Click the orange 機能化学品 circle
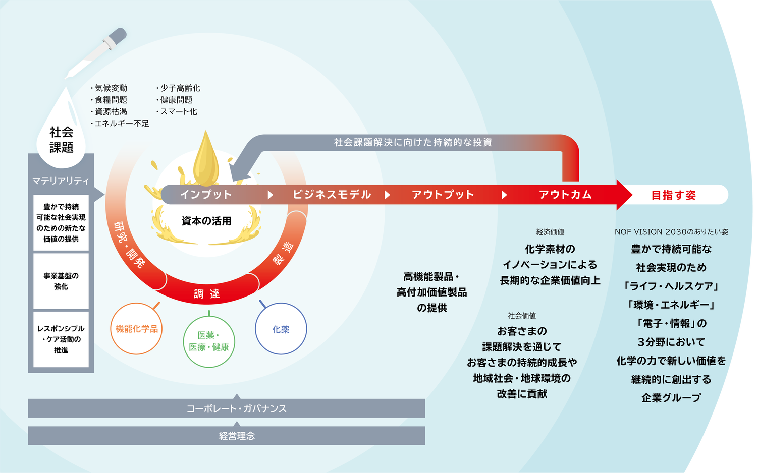[x=136, y=329]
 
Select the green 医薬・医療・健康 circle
[x=209, y=341]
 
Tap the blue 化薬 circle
[x=281, y=329]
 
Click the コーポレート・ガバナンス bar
[x=236, y=408]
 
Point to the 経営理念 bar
[x=236, y=436]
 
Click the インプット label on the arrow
[x=206, y=195]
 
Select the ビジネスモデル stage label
[x=332, y=195]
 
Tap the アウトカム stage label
[x=565, y=195]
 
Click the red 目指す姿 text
[x=673, y=195]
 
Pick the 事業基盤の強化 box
[x=61, y=281]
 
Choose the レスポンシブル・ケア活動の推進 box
[x=61, y=339]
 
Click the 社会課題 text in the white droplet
[x=62, y=140]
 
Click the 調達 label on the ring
[x=207, y=294]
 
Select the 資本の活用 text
[x=206, y=221]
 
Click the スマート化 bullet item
[x=178, y=111]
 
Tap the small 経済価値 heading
[x=550, y=232]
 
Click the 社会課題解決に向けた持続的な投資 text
[x=413, y=143]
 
